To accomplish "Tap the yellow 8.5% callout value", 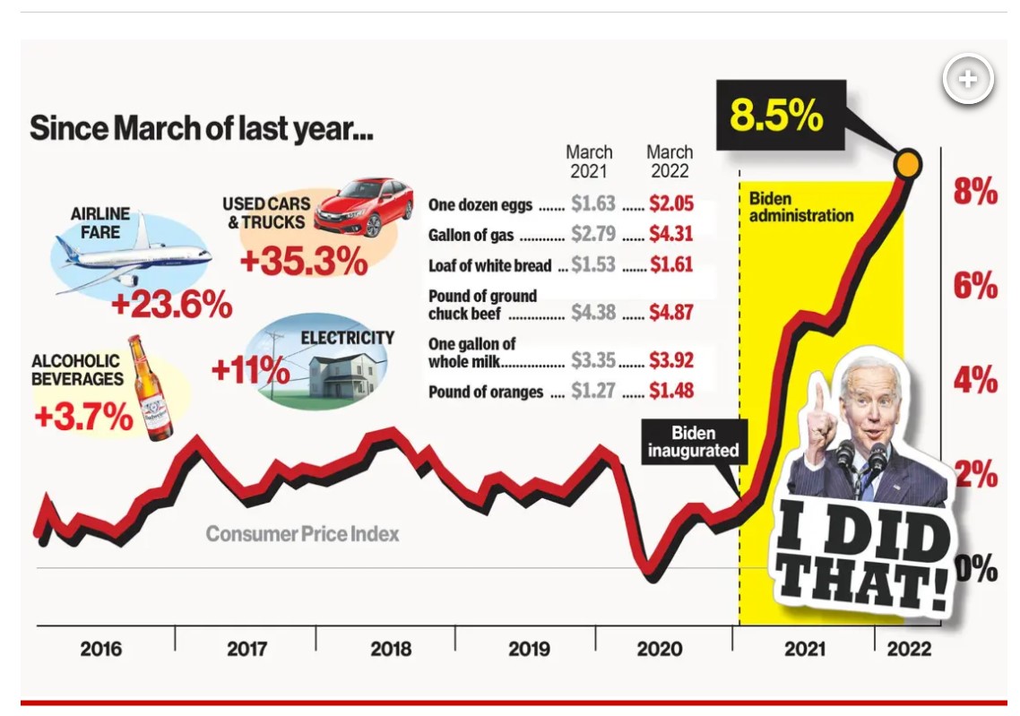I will pyautogui.click(x=776, y=116).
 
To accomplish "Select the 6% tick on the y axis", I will pyautogui.click(x=975, y=286).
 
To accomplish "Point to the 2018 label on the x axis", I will pyautogui.click(x=391, y=648).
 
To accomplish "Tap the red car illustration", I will pyautogui.click(x=365, y=208).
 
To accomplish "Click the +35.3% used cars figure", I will pyautogui.click(x=304, y=261).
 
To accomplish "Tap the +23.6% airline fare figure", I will pyautogui.click(x=171, y=305).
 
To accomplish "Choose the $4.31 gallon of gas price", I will pyautogui.click(x=671, y=236).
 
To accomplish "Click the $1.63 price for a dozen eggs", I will pyautogui.click(x=592, y=204).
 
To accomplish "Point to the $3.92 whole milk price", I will pyautogui.click(x=671, y=360).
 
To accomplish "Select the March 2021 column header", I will pyautogui.click(x=589, y=161).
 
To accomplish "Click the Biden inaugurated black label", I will pyautogui.click(x=693, y=442).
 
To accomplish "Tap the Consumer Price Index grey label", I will pyautogui.click(x=302, y=534).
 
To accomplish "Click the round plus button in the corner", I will pyautogui.click(x=968, y=80).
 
